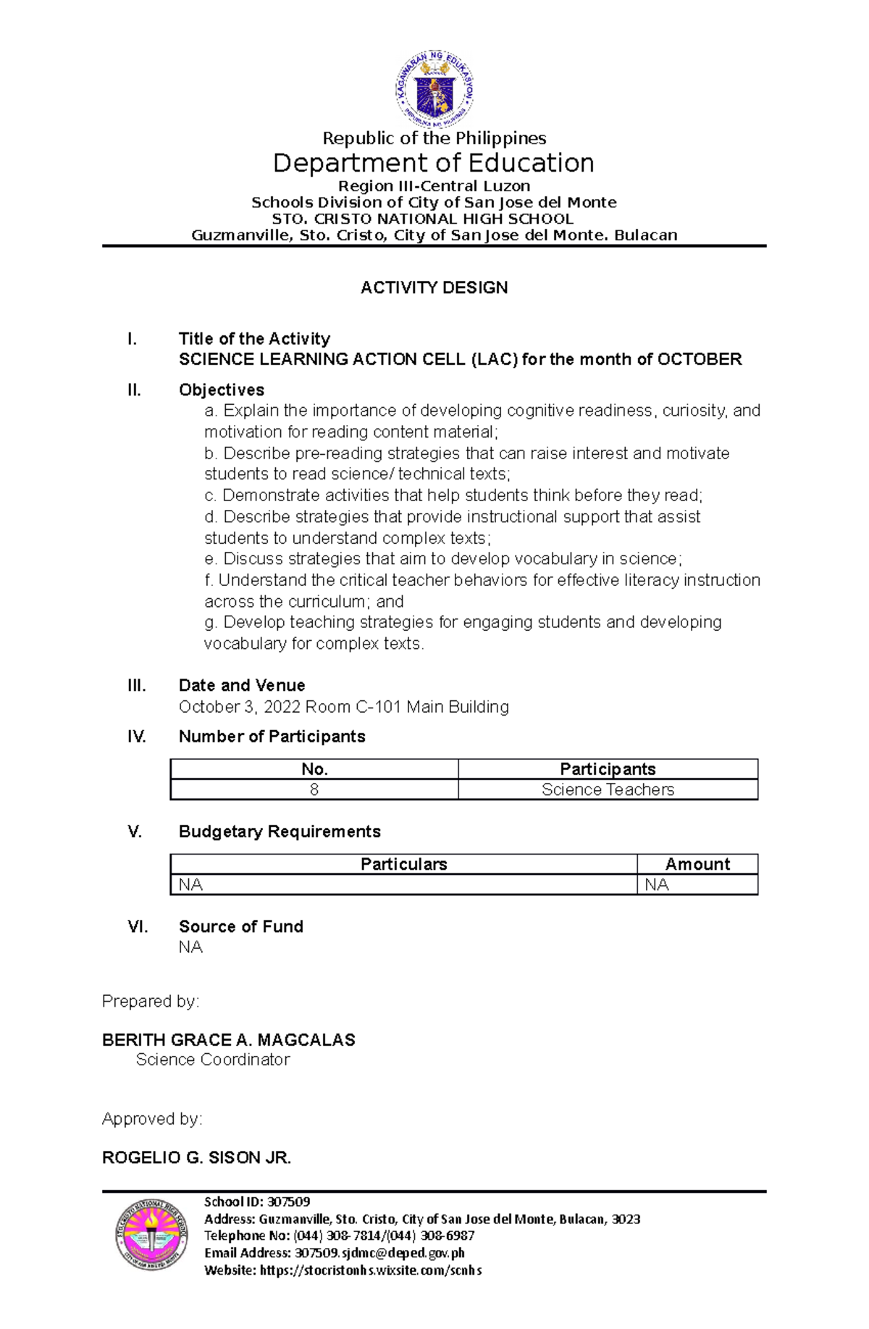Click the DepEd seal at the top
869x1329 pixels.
pyautogui.click(x=434, y=90)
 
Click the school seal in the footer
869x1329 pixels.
pyautogui.click(x=151, y=1234)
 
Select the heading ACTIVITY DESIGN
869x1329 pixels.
pyautogui.click(x=434, y=288)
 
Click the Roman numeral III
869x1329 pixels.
pyautogui.click(x=137, y=685)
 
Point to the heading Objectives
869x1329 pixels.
pyautogui.click(x=221, y=390)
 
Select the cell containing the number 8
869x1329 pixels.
pyautogui.click(x=314, y=789)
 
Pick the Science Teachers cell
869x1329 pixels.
pyautogui.click(x=608, y=789)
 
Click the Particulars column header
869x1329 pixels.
pyautogui.click(x=403, y=864)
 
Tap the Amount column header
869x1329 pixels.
pyautogui.click(x=697, y=864)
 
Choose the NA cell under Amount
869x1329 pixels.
pyautogui.click(x=657, y=884)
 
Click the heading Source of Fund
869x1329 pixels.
pyautogui.click(x=240, y=926)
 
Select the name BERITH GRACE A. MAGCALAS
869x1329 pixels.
pyautogui.click(x=228, y=1040)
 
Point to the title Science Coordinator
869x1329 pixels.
pyautogui.click(x=213, y=1060)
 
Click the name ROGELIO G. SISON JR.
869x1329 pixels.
pyautogui.click(x=196, y=1157)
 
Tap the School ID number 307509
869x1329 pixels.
pyautogui.click(x=288, y=1202)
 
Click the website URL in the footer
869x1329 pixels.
pyautogui.click(x=370, y=1270)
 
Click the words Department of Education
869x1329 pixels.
pyautogui.click(x=433, y=163)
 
